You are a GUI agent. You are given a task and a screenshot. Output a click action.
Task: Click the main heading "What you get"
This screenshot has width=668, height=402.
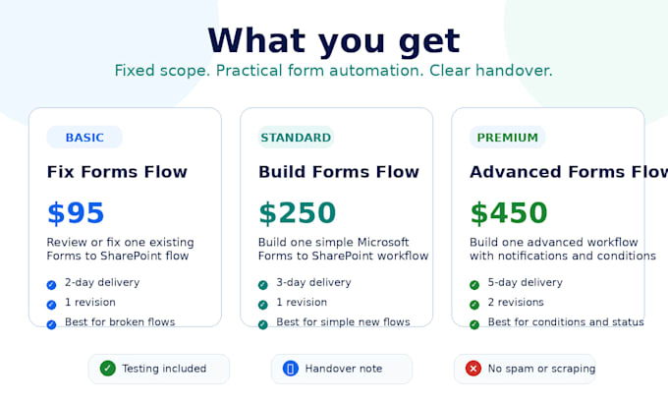334,41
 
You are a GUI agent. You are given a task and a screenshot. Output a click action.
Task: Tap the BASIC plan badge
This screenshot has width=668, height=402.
84,138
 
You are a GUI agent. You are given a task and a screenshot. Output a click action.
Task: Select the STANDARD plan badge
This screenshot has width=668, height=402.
296,138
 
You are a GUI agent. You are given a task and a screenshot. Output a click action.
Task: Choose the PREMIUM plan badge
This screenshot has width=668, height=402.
508,138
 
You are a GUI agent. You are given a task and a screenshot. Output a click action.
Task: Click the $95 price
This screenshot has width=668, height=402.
76,213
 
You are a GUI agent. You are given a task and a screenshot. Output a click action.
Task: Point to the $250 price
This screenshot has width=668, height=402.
297,213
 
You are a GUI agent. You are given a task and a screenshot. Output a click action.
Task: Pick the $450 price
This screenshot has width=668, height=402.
508,213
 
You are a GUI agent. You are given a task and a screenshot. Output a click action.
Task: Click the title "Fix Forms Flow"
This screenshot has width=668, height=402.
117,172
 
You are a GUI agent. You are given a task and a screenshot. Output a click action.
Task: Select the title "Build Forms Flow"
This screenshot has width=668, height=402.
339,172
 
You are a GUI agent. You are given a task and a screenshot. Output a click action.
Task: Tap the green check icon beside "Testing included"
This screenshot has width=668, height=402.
108,369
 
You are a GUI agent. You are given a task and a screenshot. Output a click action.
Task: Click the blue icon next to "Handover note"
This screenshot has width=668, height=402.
291,369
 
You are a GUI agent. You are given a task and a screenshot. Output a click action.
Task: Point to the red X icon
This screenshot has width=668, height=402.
473,369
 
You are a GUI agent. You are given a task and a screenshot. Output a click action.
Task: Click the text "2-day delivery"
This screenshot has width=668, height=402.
102,283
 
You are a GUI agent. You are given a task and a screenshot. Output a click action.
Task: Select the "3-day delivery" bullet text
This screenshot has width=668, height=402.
313,283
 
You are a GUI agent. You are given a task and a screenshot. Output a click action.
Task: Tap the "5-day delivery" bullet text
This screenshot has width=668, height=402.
526,283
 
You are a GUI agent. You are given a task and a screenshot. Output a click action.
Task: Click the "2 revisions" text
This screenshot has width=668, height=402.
516,303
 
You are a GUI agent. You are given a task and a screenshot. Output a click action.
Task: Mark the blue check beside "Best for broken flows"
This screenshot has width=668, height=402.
51,324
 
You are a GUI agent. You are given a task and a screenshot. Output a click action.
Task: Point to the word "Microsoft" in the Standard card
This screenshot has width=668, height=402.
383,242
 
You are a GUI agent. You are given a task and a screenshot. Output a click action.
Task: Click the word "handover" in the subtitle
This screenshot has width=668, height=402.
514,71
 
